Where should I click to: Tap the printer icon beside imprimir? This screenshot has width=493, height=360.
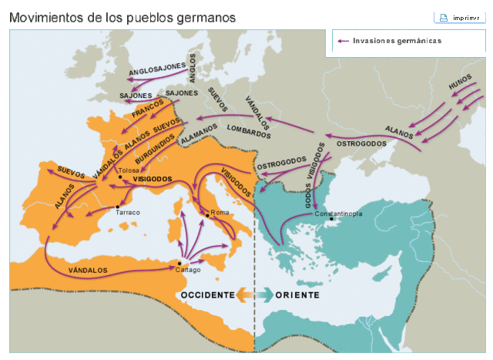[443, 17]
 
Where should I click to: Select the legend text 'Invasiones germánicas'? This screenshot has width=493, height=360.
[397, 41]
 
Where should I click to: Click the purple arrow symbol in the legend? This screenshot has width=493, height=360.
[344, 41]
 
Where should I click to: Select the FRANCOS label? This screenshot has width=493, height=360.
[149, 112]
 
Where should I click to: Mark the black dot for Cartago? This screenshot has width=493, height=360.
[179, 263]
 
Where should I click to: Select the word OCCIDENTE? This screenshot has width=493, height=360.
[207, 295]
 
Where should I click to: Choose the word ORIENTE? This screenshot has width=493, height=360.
[297, 295]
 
